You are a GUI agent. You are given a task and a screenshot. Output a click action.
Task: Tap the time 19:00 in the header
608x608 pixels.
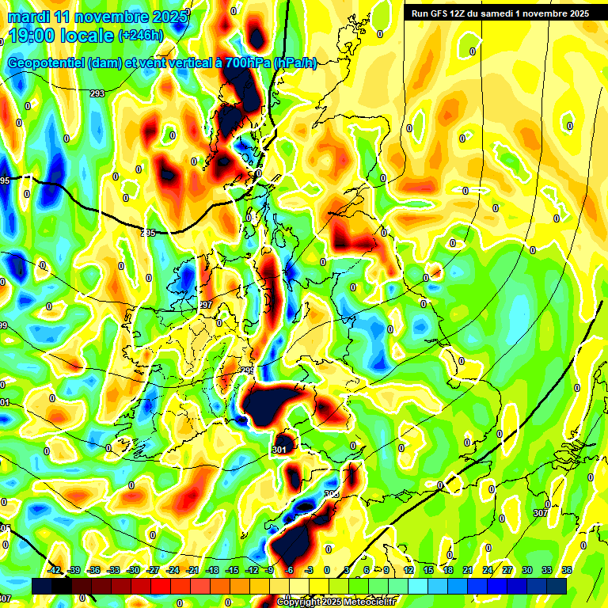click(x=32, y=35)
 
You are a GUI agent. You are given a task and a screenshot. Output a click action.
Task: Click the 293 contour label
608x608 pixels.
click(x=97, y=93)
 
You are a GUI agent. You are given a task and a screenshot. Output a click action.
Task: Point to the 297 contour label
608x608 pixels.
click(x=206, y=305)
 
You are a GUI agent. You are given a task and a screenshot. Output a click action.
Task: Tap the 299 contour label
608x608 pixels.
click(x=248, y=370)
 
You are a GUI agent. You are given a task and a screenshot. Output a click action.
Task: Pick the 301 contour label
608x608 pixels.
click(x=279, y=450)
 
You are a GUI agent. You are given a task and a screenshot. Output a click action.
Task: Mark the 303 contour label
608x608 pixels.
click(x=331, y=494)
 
